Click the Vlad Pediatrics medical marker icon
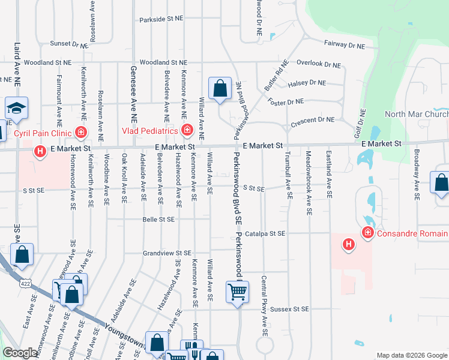[x=187, y=130]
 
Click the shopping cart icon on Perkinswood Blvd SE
[x=237, y=292]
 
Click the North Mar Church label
[x=416, y=115]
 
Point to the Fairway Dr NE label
[x=345, y=44]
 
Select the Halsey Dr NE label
[x=307, y=83]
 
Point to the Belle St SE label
[x=158, y=220]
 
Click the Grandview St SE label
[x=166, y=253]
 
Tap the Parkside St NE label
[x=161, y=19]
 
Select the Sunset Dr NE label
[x=68, y=44]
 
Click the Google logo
[x=20, y=353]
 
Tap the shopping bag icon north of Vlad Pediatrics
[x=220, y=88]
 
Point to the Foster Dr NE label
[x=286, y=102]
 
